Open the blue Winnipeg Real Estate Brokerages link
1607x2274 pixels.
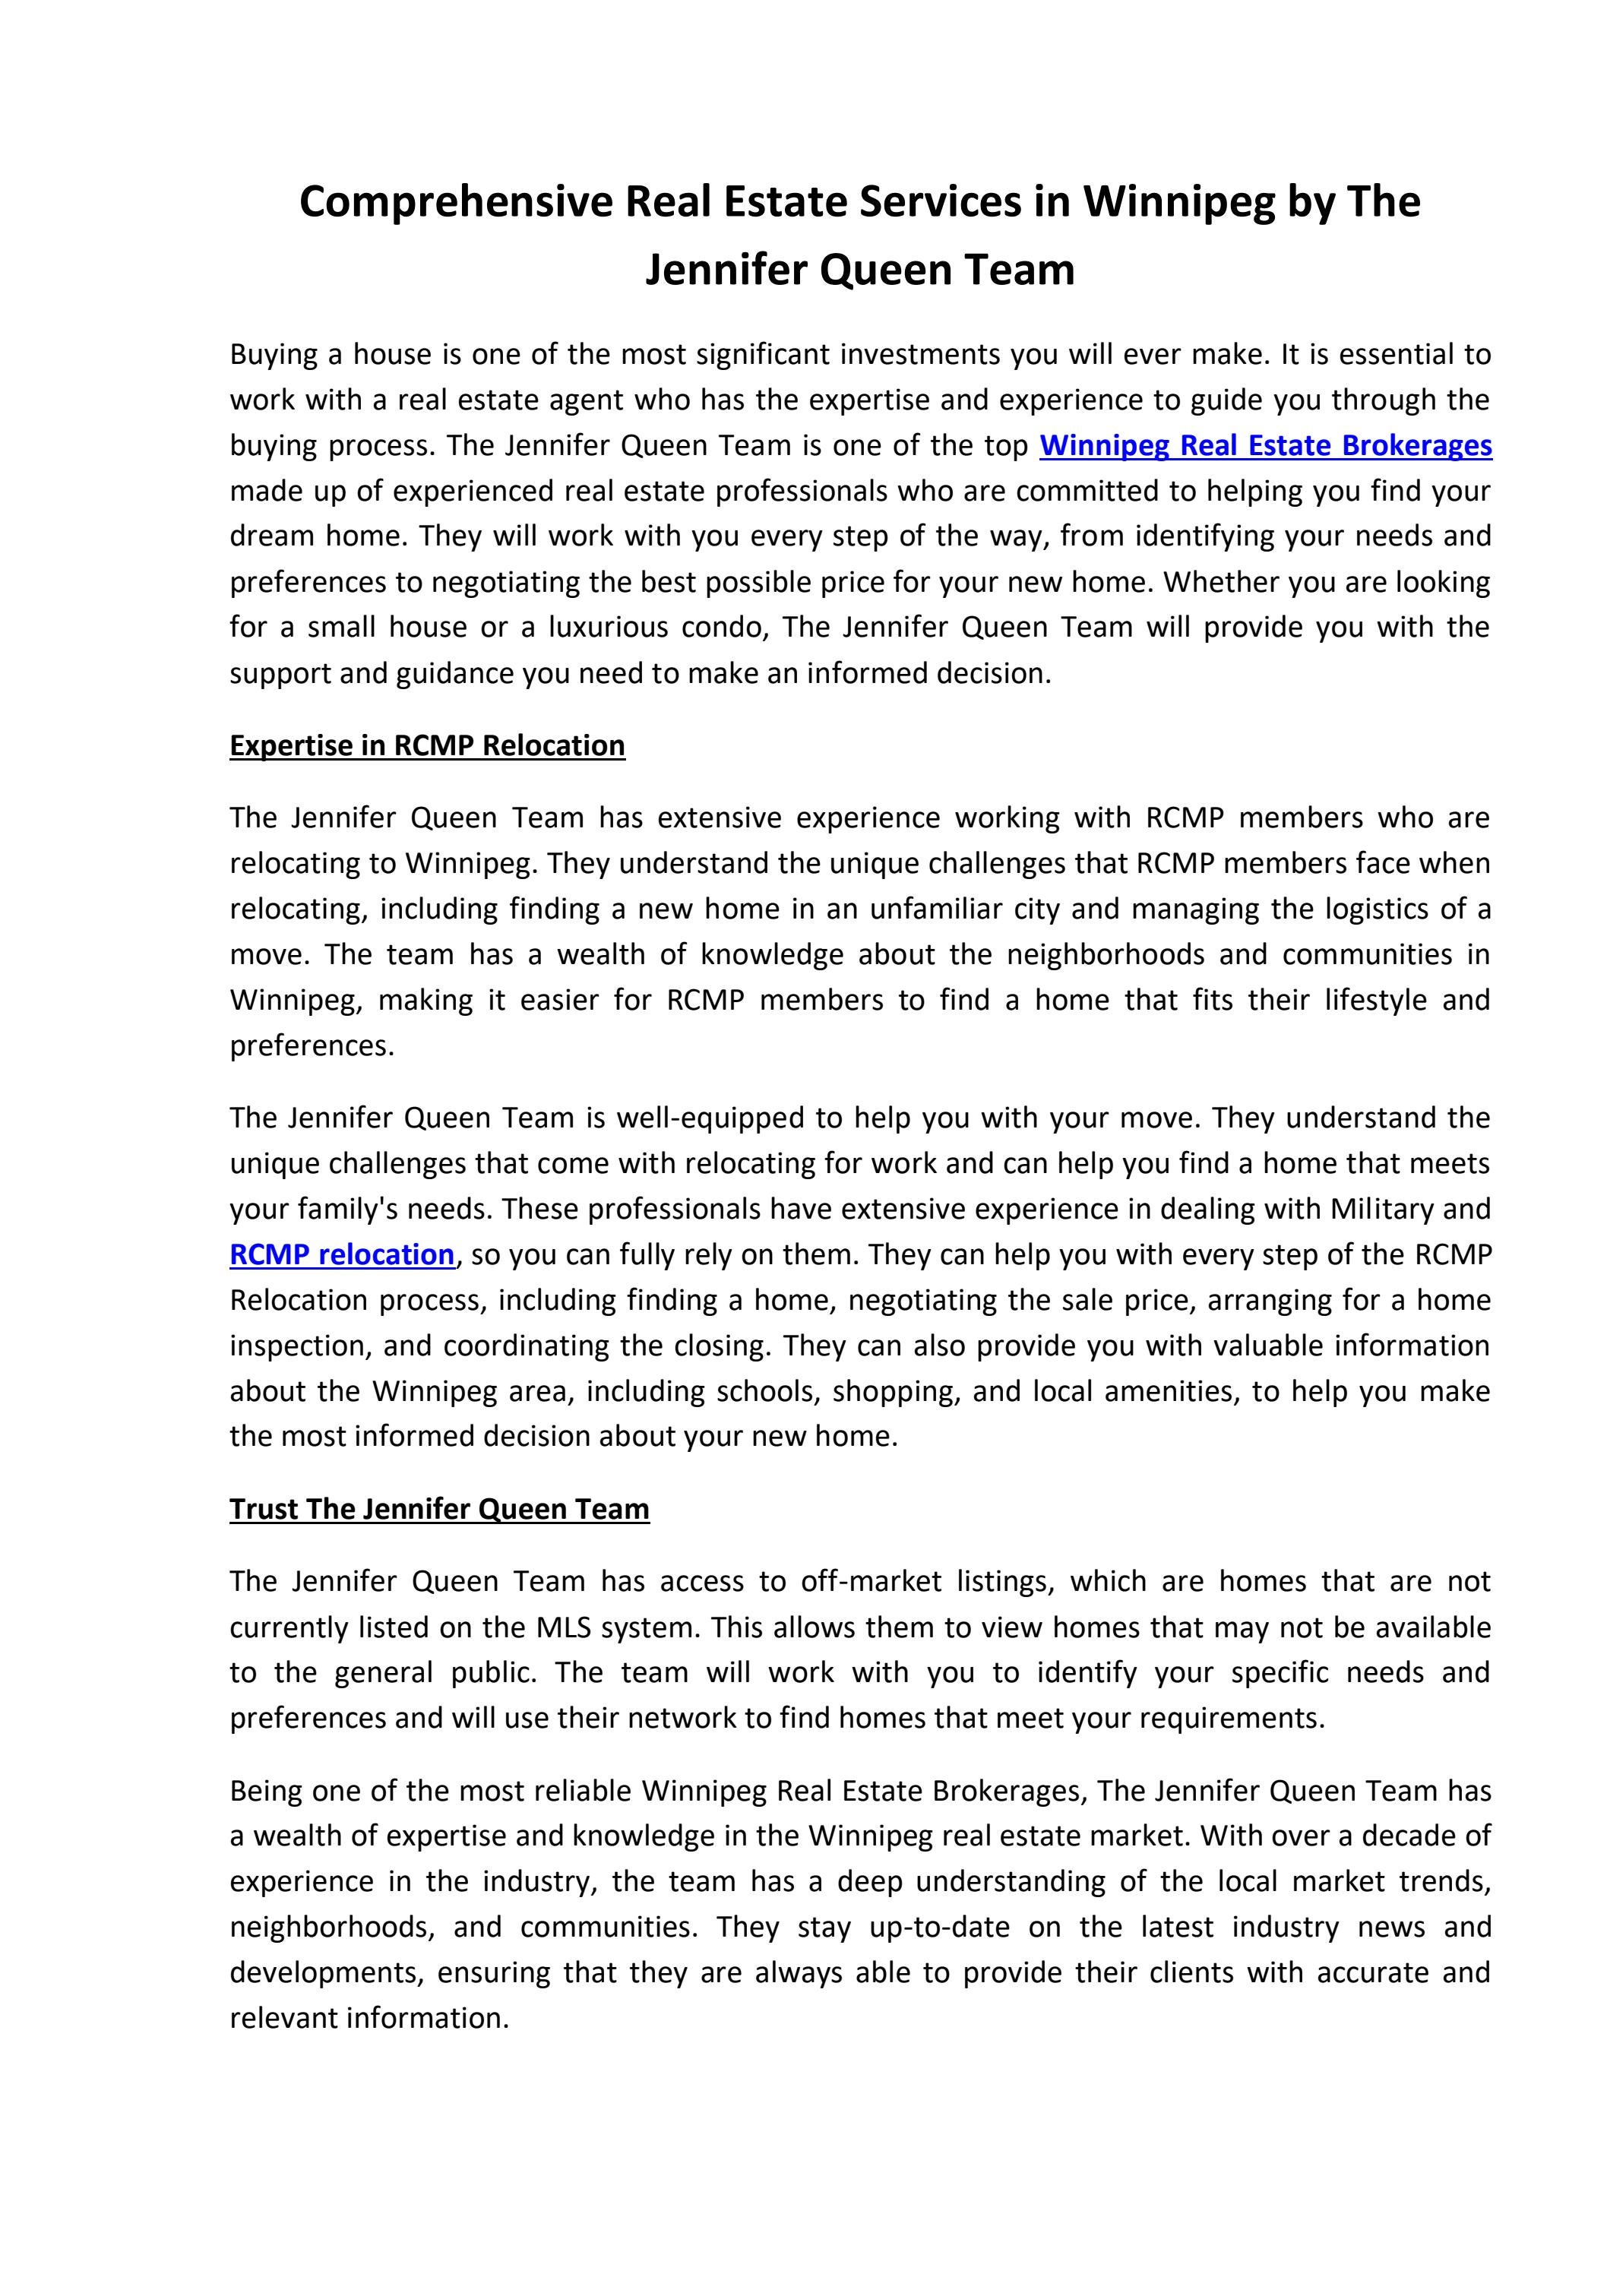tap(1265, 446)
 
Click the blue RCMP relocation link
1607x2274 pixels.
tap(342, 1255)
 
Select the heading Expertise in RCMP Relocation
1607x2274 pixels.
tap(427, 746)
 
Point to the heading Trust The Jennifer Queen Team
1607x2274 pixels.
tap(439, 1510)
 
